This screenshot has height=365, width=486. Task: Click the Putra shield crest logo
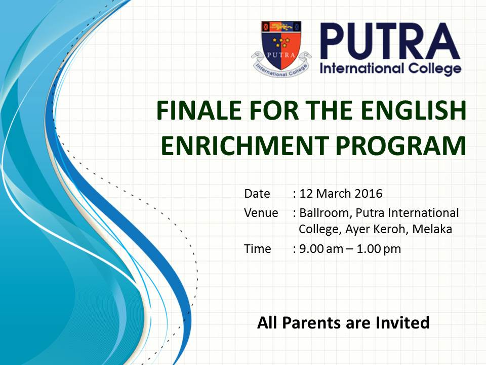(x=281, y=49)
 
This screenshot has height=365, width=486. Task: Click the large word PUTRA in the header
(x=390, y=41)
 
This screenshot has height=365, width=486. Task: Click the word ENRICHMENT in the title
(x=245, y=145)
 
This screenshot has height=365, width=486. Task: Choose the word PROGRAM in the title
(x=401, y=145)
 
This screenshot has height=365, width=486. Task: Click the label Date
(x=257, y=193)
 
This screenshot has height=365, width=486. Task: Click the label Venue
(x=261, y=213)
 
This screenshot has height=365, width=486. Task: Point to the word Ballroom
(x=326, y=213)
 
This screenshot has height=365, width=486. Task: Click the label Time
(x=258, y=248)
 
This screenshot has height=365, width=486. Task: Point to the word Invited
(x=402, y=322)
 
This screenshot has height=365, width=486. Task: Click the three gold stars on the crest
(x=281, y=42)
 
